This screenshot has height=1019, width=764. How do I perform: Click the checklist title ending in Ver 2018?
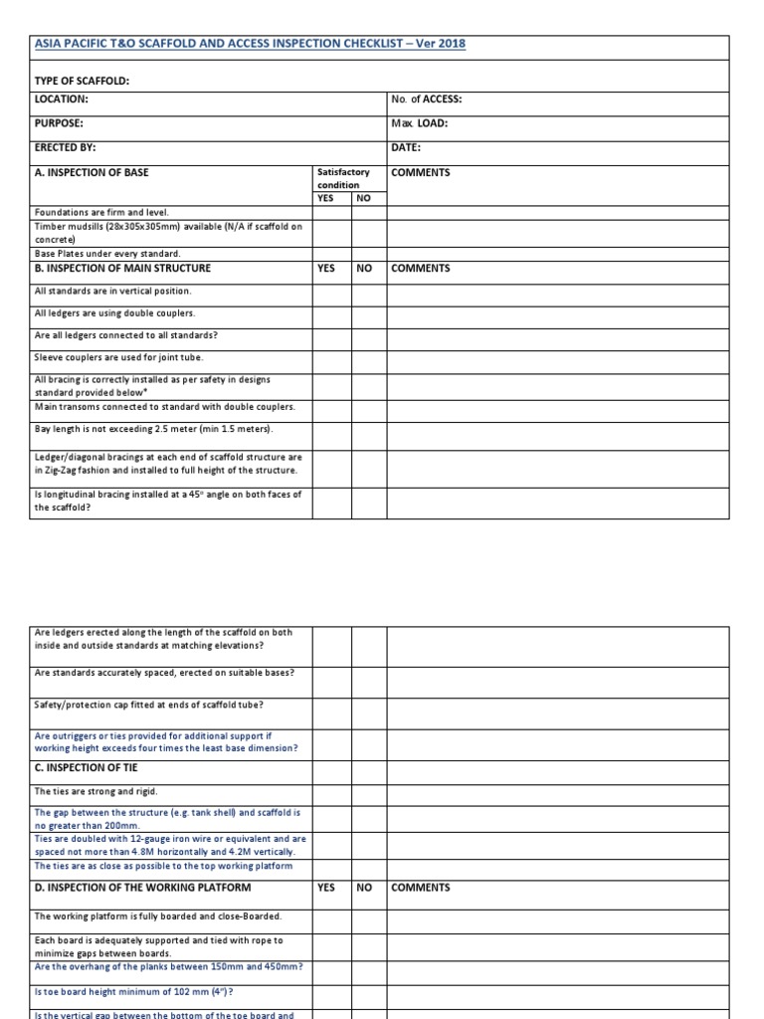[x=250, y=44]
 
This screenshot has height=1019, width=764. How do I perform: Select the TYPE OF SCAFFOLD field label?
[x=83, y=80]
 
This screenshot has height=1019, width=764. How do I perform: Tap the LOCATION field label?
[x=62, y=100]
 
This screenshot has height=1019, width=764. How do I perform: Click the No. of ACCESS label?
[x=427, y=100]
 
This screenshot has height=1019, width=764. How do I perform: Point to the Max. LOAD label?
[x=420, y=123]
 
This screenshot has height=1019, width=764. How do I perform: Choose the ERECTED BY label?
[x=65, y=147]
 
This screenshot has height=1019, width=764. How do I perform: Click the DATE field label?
[x=406, y=147]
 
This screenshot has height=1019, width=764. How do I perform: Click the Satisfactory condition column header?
[x=343, y=178]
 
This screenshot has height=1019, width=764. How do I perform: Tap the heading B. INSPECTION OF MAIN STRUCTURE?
[x=122, y=268]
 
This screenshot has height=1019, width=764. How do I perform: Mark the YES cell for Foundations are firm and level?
[x=331, y=212]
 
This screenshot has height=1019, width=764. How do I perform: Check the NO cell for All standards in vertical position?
[x=368, y=292]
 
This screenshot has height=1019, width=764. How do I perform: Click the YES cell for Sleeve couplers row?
[x=331, y=357]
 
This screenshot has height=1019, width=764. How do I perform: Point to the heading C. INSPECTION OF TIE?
[x=86, y=767]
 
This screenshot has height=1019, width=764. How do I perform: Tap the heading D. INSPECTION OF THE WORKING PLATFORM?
[x=142, y=888]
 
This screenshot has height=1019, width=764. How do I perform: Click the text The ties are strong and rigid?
[x=96, y=791]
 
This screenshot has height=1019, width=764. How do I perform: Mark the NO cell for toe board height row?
[x=368, y=991]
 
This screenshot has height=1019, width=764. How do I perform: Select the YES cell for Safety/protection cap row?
[x=331, y=707]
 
